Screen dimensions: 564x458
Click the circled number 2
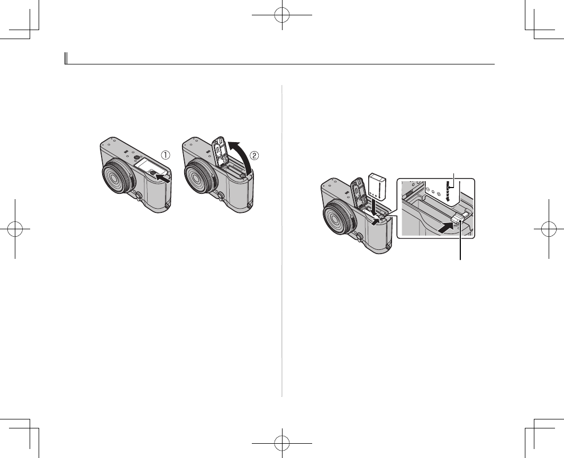tap(254, 155)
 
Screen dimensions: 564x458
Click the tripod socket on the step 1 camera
tap(137, 158)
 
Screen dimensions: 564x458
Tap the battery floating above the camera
tap(377, 186)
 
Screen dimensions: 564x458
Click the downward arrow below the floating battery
tap(375, 208)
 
